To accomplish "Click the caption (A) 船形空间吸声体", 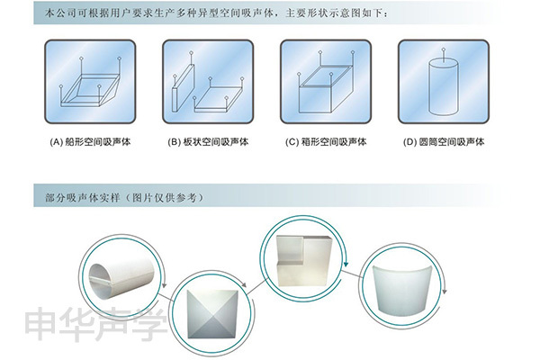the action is coord(90,141).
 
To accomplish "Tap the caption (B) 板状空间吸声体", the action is coord(208,141).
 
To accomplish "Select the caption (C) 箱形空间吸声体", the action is coord(326,141).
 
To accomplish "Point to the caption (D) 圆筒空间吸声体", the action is coord(444,141).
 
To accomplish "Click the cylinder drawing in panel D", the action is coord(444,87).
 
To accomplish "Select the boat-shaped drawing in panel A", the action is coord(91,88).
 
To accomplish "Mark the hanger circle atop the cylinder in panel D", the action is coord(444,49).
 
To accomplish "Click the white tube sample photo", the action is coord(121,275).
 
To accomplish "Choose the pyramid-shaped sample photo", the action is coord(213,314).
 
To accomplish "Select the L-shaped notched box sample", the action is coord(304,260).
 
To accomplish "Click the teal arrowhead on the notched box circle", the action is coord(346,265).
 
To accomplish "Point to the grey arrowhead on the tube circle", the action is coord(165,285).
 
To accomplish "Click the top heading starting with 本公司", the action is coord(217,13).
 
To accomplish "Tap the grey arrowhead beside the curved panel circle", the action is coord(445,292).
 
